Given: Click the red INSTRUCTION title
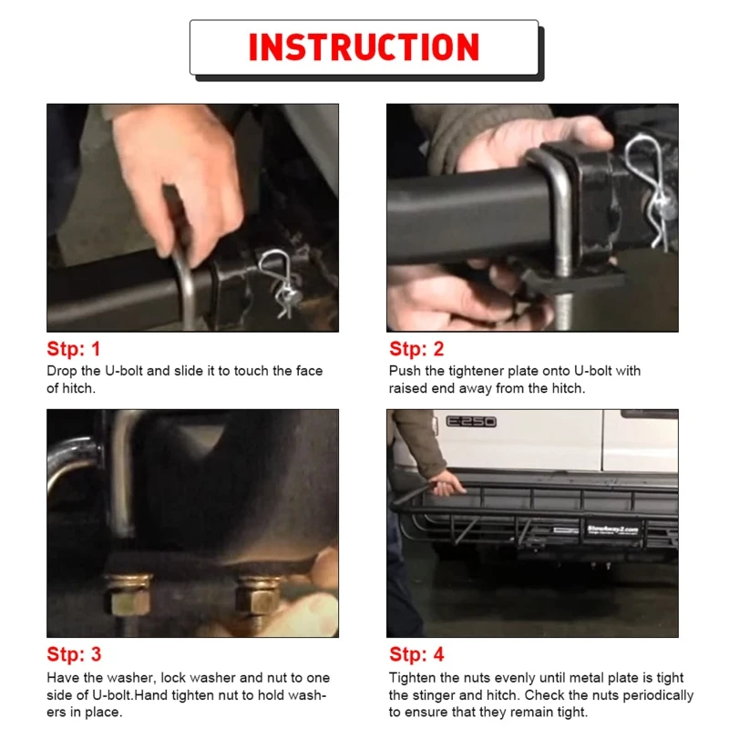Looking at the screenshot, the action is click(x=364, y=47).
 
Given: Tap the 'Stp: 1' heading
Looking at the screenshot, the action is click(x=74, y=349).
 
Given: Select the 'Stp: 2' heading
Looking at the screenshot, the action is click(x=416, y=349).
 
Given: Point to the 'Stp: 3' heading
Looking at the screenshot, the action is click(x=74, y=654).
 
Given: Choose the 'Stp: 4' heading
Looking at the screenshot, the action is click(x=416, y=654).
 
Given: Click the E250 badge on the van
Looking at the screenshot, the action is click(x=471, y=422).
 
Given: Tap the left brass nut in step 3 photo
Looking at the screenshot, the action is click(x=129, y=596).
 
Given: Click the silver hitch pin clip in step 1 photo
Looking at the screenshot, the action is click(x=280, y=282).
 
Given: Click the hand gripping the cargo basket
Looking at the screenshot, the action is click(x=447, y=485).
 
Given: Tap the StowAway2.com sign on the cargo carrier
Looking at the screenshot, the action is click(x=611, y=529).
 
